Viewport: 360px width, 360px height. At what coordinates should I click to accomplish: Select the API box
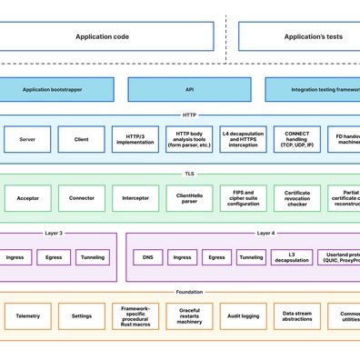coord(189,90)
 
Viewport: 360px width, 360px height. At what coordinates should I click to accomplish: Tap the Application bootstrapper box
coord(57,90)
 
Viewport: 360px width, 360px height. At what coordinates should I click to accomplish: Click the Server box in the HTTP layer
coord(27,139)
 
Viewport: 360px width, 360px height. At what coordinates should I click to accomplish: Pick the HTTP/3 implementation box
coord(135,139)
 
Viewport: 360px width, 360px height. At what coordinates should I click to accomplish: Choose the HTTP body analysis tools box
coord(189,139)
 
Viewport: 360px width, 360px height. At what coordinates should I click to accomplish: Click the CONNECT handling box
coord(296,139)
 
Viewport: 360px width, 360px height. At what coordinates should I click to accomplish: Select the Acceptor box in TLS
coord(27,198)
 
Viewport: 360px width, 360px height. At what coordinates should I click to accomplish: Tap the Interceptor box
coord(135,198)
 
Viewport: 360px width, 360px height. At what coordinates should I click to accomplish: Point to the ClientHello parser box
coord(189,198)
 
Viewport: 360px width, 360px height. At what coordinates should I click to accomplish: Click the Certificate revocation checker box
coord(296,198)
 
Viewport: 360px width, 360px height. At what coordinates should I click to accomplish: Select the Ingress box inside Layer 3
coord(15,257)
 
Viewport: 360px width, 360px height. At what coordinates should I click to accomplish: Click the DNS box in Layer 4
coord(148,257)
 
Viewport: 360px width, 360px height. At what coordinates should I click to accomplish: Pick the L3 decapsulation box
coord(291,257)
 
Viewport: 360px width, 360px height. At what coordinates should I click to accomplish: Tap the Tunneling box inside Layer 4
coord(252,257)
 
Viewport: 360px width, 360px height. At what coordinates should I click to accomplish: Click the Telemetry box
coord(27,316)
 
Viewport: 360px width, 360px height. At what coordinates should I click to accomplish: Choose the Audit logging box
coord(243,316)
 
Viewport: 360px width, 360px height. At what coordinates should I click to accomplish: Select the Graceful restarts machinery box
coord(189,316)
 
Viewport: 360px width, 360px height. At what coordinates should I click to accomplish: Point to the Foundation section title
coord(189,292)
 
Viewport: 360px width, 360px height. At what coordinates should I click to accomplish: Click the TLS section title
coord(189,174)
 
